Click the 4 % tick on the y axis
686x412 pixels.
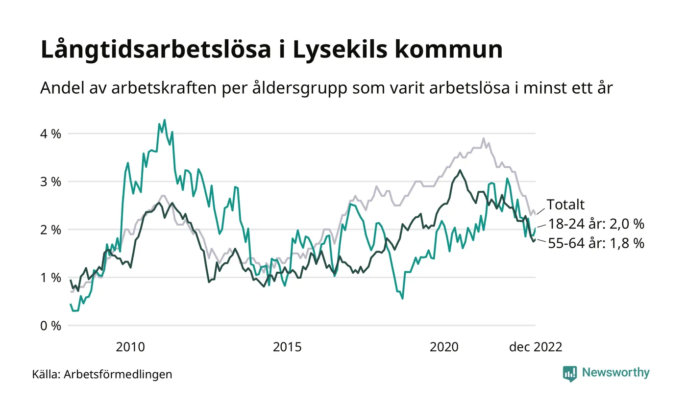(50, 133)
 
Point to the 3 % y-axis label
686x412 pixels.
(50, 181)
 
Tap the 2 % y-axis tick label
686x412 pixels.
(50, 230)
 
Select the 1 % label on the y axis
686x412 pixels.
(50, 278)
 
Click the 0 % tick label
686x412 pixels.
(50, 326)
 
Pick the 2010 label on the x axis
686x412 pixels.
(130, 347)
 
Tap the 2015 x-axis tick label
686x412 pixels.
(287, 347)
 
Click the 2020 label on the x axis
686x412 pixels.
(444, 347)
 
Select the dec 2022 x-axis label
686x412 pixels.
(536, 347)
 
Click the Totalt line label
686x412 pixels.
(566, 205)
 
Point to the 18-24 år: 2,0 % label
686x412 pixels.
(595, 224)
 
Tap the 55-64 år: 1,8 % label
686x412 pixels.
(595, 243)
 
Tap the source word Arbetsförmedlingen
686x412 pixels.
(118, 374)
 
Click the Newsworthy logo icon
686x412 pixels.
(570, 373)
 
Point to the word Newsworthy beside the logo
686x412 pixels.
(615, 373)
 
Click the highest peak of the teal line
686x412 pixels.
(164, 120)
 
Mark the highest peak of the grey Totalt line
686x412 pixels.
(484, 138)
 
